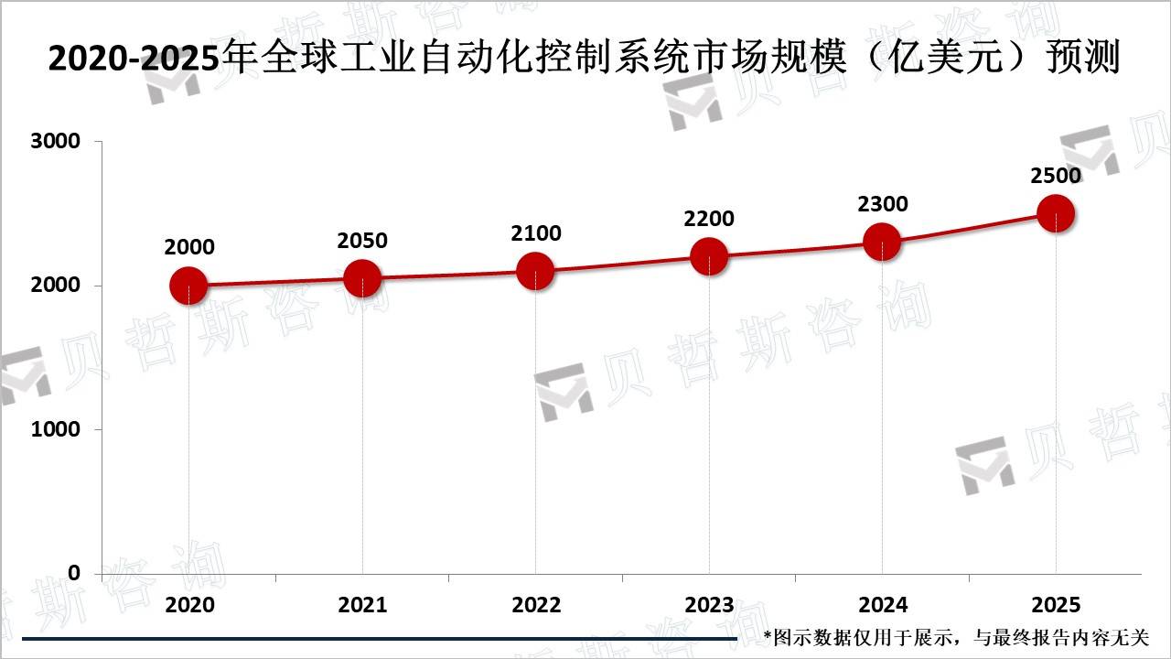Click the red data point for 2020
[x=188, y=286]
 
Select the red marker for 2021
[x=362, y=278]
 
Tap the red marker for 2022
[x=535, y=271]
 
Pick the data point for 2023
[x=709, y=256]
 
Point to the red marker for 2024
[x=882, y=242]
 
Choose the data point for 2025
[x=1056, y=213]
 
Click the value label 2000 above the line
[x=189, y=247]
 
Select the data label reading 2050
[x=362, y=241]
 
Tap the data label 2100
[x=536, y=233]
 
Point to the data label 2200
[x=709, y=219]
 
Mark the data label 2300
[x=883, y=204]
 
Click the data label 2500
[x=1056, y=176]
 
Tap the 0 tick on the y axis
[x=74, y=573]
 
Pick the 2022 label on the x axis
[x=536, y=605]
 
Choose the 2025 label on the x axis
[x=1056, y=605]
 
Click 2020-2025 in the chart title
[x=134, y=59]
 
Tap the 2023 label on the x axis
[x=709, y=605]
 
